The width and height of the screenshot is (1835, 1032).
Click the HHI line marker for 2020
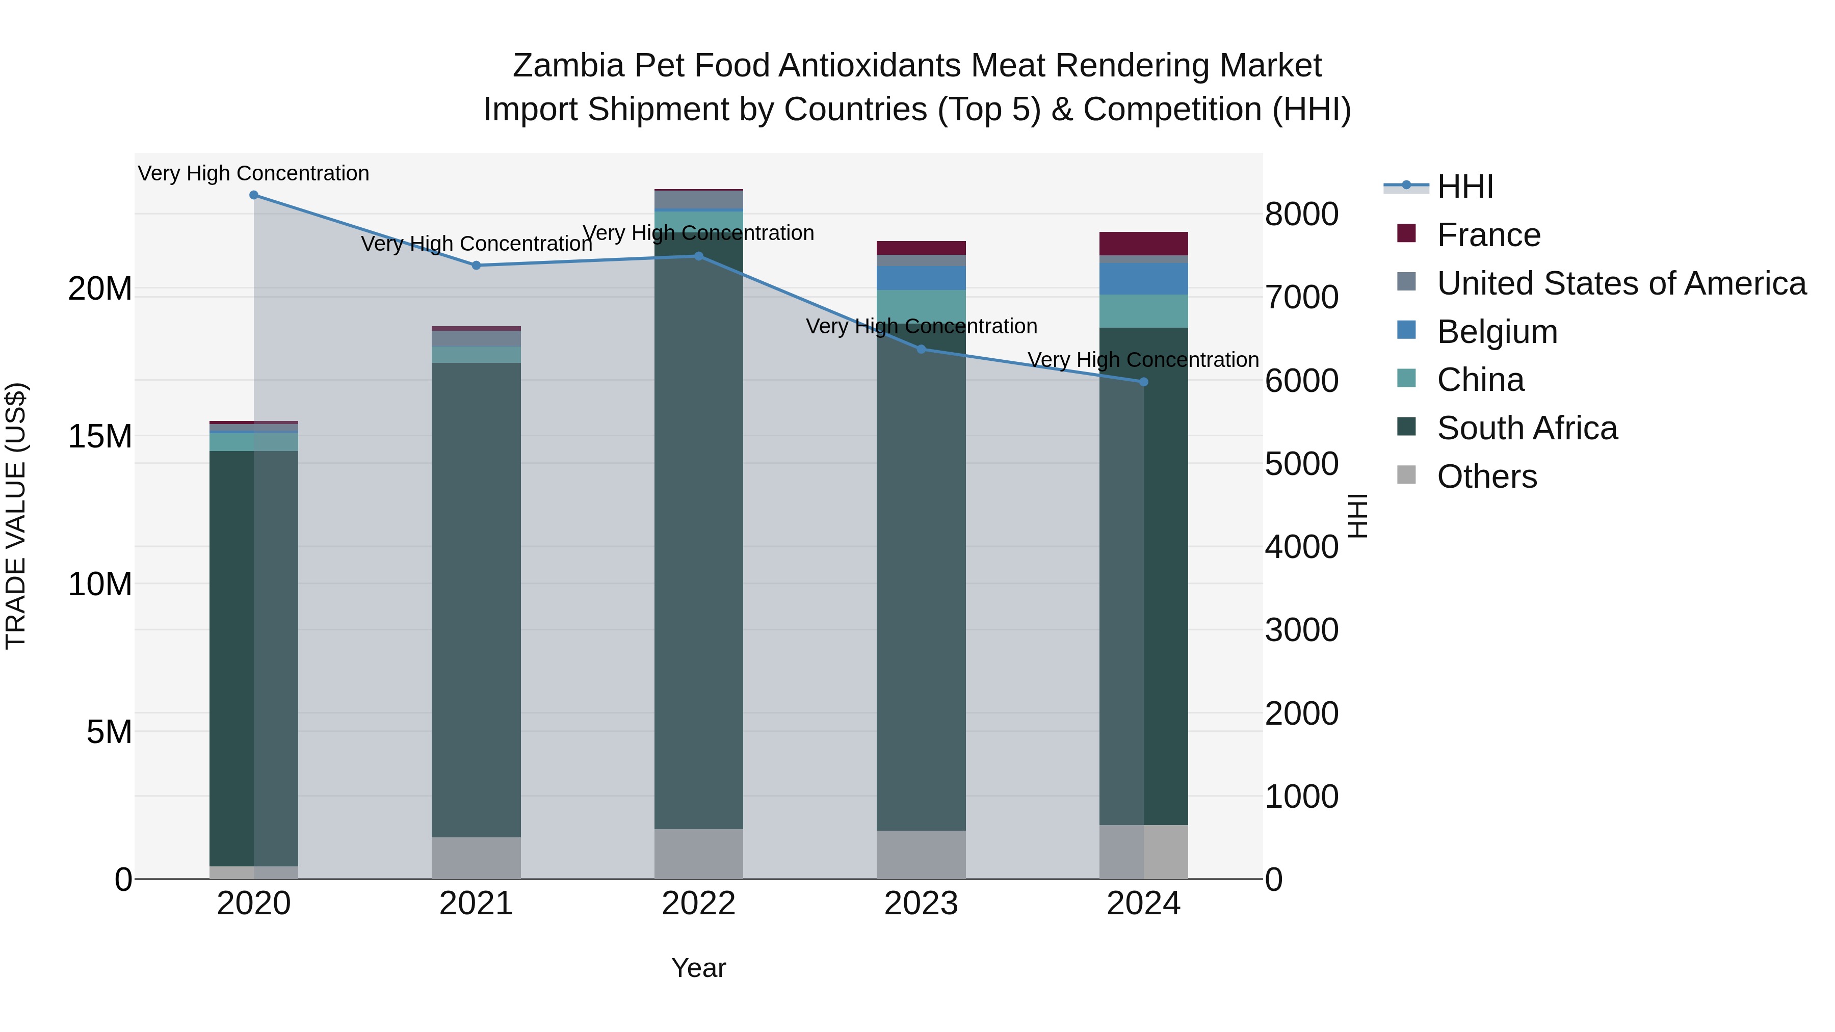coord(254,195)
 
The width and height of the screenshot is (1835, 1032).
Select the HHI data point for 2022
coord(699,256)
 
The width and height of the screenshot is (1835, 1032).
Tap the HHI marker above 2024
coord(1144,382)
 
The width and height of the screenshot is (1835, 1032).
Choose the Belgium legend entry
coord(1497,332)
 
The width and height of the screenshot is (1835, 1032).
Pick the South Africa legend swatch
coord(1406,428)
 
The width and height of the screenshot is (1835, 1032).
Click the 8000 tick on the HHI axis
coord(1301,215)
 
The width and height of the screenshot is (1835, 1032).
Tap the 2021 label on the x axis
coord(476,904)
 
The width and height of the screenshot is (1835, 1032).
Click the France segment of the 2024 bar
coord(1143,244)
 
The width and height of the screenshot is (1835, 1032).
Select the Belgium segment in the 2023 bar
coord(921,278)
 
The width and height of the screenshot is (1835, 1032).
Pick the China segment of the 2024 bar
coord(1143,311)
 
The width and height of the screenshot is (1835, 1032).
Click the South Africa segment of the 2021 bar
coord(476,598)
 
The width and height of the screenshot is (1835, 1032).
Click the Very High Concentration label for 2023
coord(921,326)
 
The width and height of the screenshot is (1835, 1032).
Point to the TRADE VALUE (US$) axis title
coord(16,516)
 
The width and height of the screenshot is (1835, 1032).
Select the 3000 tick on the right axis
coord(1301,630)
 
